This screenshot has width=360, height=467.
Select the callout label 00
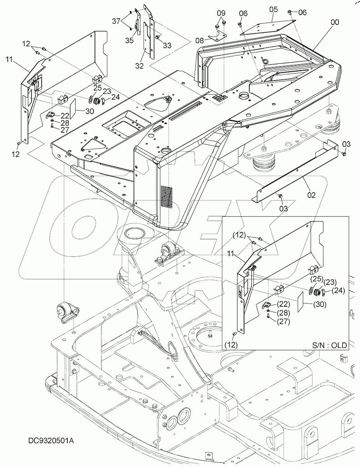(x=335, y=23)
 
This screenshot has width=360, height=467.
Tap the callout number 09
(x=221, y=13)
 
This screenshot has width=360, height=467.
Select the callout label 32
(x=139, y=66)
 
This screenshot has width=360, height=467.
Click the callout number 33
(x=167, y=46)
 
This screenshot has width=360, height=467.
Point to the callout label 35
(x=129, y=40)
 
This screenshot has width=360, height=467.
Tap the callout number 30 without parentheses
(x=89, y=111)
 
